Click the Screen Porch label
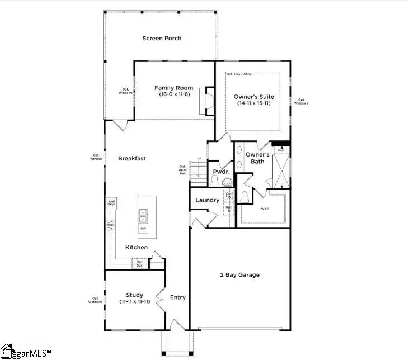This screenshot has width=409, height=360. tap(162, 39)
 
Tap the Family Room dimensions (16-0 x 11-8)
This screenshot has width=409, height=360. tap(174, 95)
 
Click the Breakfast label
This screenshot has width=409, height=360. tap(131, 159)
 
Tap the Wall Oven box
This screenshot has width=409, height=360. tap(111, 203)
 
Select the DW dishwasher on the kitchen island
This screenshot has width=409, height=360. tap(143, 228)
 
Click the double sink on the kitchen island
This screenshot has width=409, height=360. tap(143, 213)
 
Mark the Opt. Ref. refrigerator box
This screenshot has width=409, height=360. tap(139, 263)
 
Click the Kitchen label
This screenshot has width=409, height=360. tap(137, 247)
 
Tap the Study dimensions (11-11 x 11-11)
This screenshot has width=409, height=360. tap(134, 302)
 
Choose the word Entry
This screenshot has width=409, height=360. tap(177, 297)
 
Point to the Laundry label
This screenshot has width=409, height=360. tap(206, 200)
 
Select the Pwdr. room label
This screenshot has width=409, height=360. tap(219, 171)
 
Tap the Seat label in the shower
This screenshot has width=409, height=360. tap(281, 150)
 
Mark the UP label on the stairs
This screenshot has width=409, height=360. tap(199, 159)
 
